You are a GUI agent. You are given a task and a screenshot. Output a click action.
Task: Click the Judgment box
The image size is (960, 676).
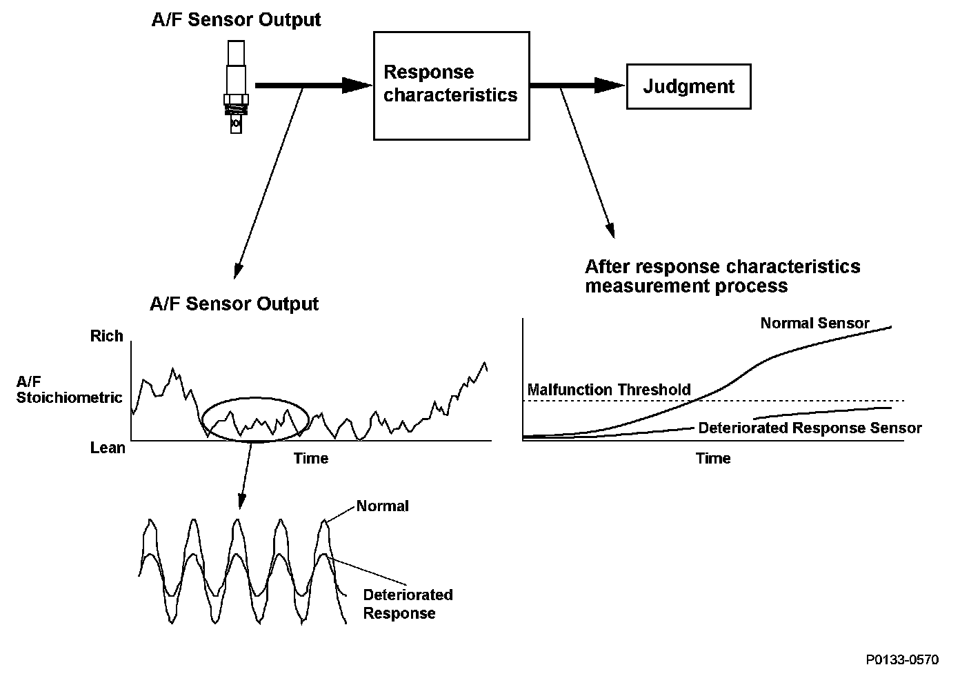(688, 86)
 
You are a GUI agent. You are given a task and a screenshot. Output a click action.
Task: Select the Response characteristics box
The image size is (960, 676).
(451, 85)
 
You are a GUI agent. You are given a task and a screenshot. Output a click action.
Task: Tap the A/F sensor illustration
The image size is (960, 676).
(235, 86)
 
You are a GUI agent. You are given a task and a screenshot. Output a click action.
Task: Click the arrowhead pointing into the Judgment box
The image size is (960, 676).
(610, 86)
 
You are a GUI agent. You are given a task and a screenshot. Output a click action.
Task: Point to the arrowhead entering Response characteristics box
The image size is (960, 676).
(358, 85)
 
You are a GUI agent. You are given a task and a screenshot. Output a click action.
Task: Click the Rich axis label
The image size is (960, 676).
(107, 337)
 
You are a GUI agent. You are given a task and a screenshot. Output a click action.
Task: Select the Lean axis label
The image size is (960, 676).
(108, 448)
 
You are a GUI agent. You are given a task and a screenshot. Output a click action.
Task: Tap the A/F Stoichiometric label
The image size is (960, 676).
(69, 390)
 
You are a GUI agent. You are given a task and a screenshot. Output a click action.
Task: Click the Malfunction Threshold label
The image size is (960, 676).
(609, 390)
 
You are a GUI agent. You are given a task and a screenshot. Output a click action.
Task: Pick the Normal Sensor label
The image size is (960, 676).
(814, 323)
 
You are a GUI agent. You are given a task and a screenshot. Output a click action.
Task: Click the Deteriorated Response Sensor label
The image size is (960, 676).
(810, 428)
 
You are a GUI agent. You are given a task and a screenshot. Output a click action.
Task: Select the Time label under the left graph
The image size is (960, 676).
(311, 458)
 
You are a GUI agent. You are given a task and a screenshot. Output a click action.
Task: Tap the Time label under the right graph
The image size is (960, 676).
(713, 458)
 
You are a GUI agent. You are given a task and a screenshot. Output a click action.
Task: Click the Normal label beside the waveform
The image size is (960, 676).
(383, 506)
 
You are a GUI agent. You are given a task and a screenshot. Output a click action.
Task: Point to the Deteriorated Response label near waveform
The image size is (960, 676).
(408, 604)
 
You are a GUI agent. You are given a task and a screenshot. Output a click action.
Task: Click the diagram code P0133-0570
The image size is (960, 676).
(902, 660)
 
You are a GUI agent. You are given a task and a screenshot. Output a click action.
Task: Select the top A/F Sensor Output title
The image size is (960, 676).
(236, 19)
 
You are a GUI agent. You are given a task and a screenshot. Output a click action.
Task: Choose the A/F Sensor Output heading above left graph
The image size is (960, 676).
(234, 304)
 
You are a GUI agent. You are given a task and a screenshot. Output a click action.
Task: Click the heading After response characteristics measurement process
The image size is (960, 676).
(722, 276)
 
